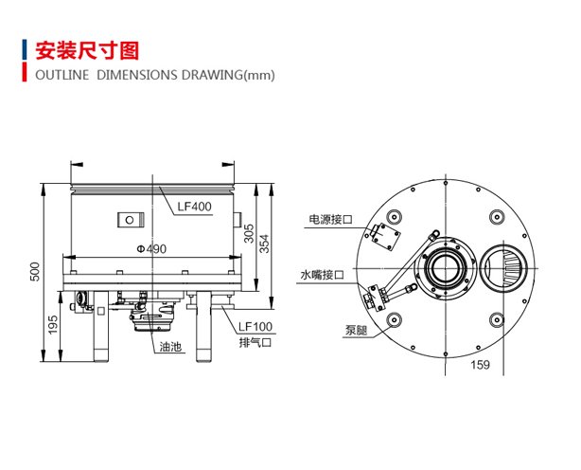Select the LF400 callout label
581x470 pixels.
pos(194,205)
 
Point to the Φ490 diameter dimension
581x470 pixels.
pos(151,249)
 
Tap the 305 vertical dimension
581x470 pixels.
pos(248,234)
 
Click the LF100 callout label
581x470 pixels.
pos(255,327)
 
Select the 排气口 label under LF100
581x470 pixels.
pos(255,342)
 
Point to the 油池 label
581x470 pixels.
pos(171,347)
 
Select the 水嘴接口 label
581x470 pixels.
pos(322,275)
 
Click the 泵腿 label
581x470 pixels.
pos(357,332)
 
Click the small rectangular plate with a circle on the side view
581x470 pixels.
pos(127,220)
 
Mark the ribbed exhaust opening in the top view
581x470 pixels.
pos(502,271)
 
